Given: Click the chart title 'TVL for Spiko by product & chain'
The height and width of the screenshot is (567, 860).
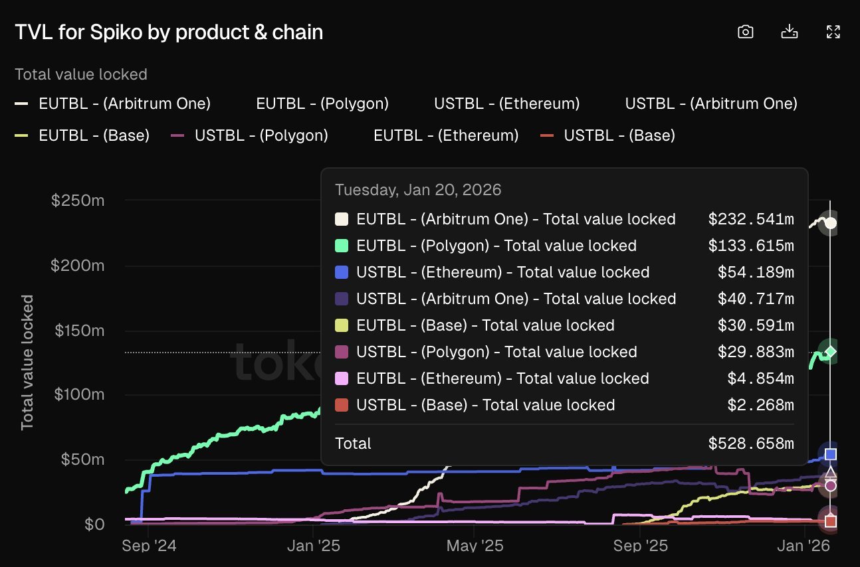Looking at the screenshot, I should pyautogui.click(x=169, y=32).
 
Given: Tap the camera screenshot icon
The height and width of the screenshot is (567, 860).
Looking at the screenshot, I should pyautogui.click(x=746, y=32).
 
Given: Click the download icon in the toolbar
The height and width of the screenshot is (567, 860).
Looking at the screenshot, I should pyautogui.click(x=789, y=32).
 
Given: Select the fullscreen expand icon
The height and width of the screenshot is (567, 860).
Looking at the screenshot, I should pyautogui.click(x=833, y=32).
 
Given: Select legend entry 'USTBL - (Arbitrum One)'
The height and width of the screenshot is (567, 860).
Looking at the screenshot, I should pyautogui.click(x=710, y=104).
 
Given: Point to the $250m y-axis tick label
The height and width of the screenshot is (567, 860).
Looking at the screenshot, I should pyautogui.click(x=77, y=201).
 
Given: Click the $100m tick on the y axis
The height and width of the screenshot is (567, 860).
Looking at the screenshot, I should pyautogui.click(x=77, y=395).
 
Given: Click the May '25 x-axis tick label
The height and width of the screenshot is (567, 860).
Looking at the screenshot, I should pyautogui.click(x=475, y=545).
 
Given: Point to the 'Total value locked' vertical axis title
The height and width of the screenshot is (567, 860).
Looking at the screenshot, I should pyautogui.click(x=27, y=363).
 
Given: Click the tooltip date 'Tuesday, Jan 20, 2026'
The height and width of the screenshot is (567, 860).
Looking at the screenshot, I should pyautogui.click(x=418, y=190).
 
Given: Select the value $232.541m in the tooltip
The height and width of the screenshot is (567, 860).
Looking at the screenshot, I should pyautogui.click(x=750, y=219).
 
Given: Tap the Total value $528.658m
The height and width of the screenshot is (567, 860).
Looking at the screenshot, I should pyautogui.click(x=750, y=444).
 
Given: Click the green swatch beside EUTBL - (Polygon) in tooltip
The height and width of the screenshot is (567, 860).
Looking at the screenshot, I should pyautogui.click(x=342, y=246).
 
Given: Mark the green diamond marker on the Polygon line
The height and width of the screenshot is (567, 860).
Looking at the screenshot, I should pyautogui.click(x=830, y=351).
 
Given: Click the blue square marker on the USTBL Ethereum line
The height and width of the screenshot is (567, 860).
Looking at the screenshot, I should pyautogui.click(x=830, y=454).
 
